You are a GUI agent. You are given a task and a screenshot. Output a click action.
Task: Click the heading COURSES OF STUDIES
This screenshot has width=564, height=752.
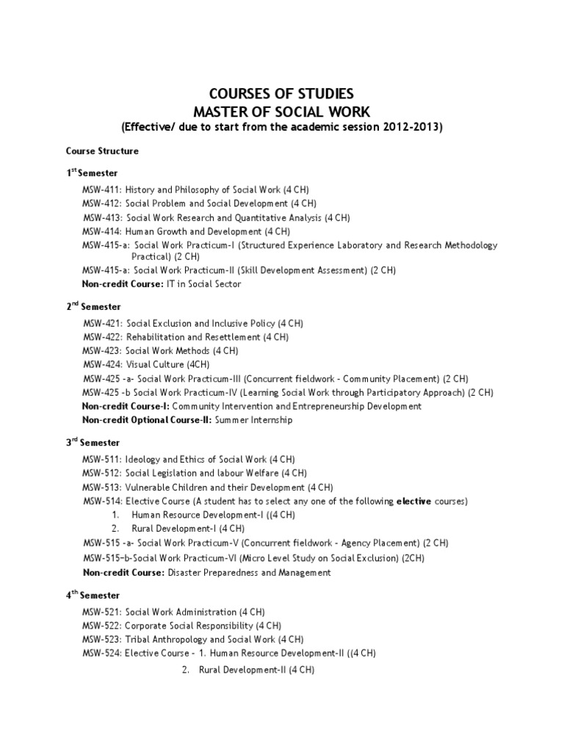pyautogui.click(x=282, y=94)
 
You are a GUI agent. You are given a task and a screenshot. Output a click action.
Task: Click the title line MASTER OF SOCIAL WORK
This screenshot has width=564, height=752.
pyautogui.click(x=282, y=111)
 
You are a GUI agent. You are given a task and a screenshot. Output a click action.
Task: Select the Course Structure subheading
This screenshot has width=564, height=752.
pyautogui.click(x=102, y=151)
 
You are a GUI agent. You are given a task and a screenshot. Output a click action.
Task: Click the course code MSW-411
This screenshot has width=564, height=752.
pyautogui.click(x=101, y=189)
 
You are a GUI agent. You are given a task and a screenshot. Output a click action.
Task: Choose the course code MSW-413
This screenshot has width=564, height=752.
pyautogui.click(x=102, y=218)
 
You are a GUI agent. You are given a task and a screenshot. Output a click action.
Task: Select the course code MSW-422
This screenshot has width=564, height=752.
pyautogui.click(x=102, y=337)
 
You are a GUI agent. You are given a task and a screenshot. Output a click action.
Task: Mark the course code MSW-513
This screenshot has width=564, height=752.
pyautogui.click(x=101, y=487)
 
